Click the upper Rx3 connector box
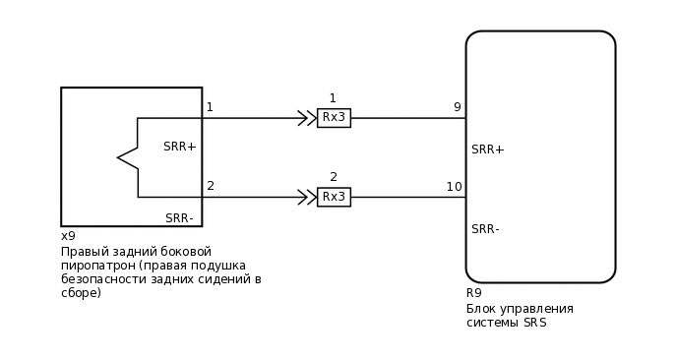(x=334, y=118)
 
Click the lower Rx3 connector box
(x=334, y=197)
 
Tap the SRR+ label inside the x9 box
(x=180, y=147)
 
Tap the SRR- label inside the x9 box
(x=179, y=218)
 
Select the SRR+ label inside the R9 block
(x=488, y=150)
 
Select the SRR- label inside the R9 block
(x=486, y=229)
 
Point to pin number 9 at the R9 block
(x=457, y=107)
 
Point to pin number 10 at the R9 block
(x=454, y=187)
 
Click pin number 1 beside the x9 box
(x=210, y=107)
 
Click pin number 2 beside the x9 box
(x=211, y=186)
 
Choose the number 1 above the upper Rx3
(x=333, y=98)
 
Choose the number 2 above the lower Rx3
(x=334, y=177)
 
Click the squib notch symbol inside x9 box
(x=128, y=157)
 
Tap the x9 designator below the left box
(x=68, y=236)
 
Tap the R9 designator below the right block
(x=473, y=293)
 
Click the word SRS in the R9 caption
(x=534, y=323)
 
